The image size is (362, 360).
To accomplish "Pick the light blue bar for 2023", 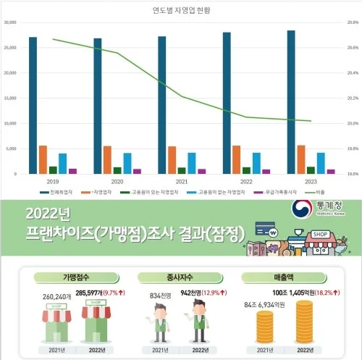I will click(x=321, y=163).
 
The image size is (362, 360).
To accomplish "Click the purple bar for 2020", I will click(x=138, y=171).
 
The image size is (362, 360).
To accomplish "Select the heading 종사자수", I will click(x=180, y=277).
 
